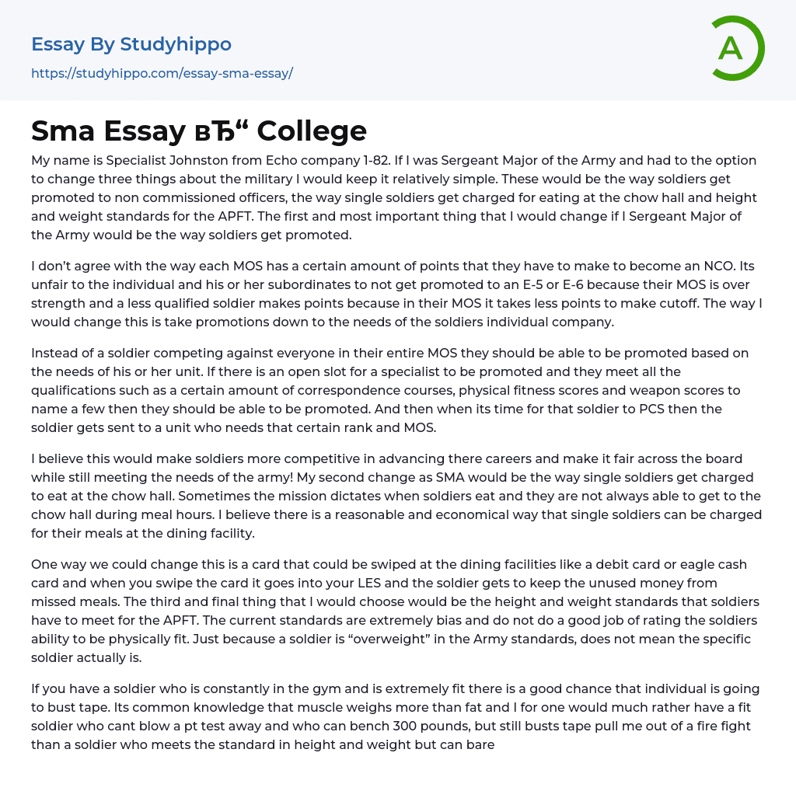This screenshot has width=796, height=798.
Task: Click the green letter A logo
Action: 731,48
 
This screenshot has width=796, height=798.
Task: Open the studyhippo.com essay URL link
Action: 162,74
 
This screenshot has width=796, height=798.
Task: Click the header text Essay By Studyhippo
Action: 131,44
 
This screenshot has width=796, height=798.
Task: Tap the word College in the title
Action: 312,131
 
